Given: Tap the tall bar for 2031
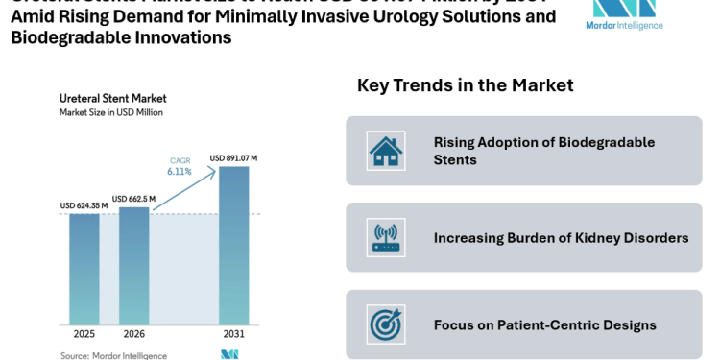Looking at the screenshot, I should coord(233,249).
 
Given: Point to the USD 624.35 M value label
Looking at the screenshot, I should coord(84,205).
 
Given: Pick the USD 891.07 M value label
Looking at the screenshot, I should coord(233,158).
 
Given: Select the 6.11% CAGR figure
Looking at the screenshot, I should coord(180,172).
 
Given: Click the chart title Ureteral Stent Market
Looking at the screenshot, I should coord(113,98).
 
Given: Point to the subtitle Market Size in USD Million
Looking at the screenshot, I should coord(111,112).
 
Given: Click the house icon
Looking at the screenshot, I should coord(386,151).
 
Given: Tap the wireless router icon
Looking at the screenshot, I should coord(386,237).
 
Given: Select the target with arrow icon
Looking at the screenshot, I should coord(386,324).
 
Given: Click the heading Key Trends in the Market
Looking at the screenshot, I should coord(466,85).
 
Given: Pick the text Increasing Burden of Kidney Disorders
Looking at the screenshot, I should coord(561,237).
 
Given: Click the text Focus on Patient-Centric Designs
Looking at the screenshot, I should coord(545,324).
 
